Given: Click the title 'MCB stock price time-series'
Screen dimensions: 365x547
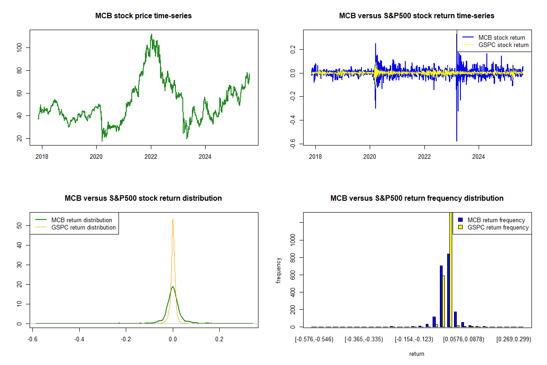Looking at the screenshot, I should (143, 16).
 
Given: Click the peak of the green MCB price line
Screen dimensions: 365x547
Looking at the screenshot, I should (151, 35).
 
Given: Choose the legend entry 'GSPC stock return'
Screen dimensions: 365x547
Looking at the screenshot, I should (503, 45).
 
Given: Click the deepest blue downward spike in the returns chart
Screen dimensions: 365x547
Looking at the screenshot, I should (457, 141).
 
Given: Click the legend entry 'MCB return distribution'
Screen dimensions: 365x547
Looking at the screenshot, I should (82, 220).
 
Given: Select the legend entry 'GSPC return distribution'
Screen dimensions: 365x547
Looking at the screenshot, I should (83, 227).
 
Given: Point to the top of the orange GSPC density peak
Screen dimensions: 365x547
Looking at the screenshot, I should (173, 219).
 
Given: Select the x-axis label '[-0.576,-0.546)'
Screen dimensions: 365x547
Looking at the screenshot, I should (314, 339).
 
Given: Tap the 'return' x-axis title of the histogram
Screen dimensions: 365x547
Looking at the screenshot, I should (417, 354).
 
